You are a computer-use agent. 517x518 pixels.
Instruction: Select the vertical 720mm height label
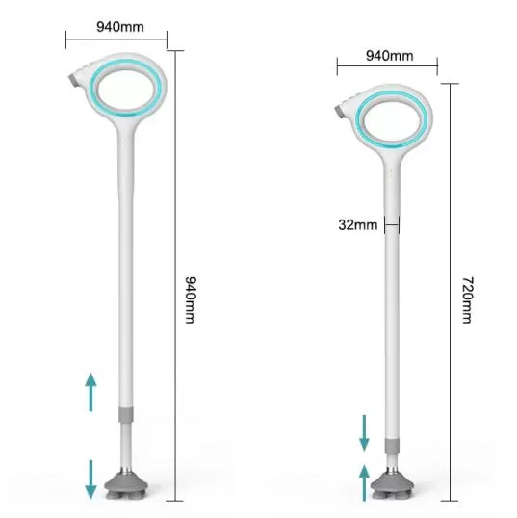click(x=467, y=299)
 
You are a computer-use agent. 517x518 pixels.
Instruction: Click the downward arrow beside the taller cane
click(x=91, y=478)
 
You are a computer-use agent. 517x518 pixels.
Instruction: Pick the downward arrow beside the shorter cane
click(x=364, y=432)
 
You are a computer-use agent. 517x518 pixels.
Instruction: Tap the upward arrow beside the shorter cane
click(x=364, y=481)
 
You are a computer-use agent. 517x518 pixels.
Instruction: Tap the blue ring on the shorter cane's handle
click(x=361, y=117)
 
